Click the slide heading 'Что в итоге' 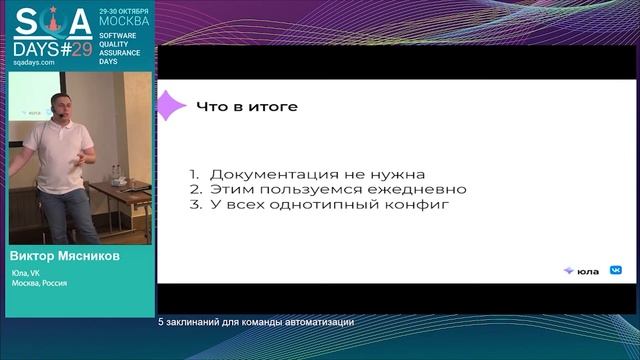[x=246, y=106]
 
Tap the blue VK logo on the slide [x=616, y=270]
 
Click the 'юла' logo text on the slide [x=588, y=270]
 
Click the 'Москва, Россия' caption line [x=40, y=283]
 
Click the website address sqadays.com [x=34, y=62]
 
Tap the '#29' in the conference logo [x=75, y=46]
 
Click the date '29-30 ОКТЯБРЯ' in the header [x=125, y=12]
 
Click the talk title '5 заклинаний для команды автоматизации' [x=256, y=322]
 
